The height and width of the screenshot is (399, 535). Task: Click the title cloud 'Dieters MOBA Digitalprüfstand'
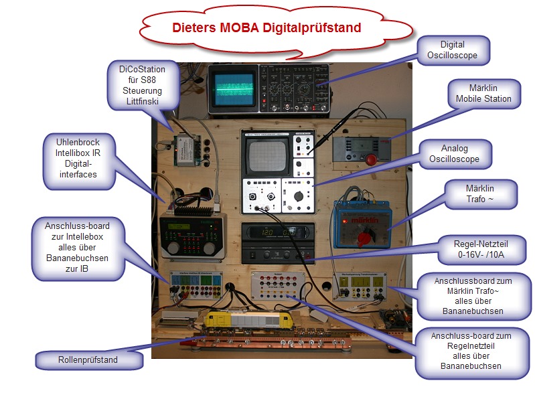(266, 28)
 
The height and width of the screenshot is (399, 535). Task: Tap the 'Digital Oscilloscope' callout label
(453, 50)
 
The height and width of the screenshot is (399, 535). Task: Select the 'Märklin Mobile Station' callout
(483, 94)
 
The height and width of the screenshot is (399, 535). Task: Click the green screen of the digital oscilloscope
(232, 88)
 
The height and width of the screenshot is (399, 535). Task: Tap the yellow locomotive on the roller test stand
(248, 323)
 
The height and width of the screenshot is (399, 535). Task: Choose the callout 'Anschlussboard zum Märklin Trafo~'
(473, 295)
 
